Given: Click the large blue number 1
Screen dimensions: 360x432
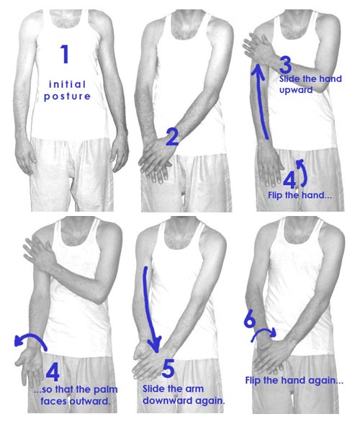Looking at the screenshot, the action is pos(65,54).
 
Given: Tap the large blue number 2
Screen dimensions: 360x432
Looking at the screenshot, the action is pos(172,137).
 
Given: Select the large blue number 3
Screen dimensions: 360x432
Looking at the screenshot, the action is pos(285,66).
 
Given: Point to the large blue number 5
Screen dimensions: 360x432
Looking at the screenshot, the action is pos(168,369).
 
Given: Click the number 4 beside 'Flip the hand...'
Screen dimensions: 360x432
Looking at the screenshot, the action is pos(289,181).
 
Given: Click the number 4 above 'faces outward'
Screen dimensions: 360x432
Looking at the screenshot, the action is pos(53,372).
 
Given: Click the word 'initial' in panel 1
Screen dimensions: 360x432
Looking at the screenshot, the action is pos(68,84).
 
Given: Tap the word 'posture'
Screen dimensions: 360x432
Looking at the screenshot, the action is pos(67,96).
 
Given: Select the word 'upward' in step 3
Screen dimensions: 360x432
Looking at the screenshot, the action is pos(296,91).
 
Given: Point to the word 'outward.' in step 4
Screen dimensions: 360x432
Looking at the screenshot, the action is pos(90,401).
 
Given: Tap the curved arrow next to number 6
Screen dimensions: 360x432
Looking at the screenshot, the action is pos(264,331).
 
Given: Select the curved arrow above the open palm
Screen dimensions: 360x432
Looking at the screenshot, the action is pos(30,337).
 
